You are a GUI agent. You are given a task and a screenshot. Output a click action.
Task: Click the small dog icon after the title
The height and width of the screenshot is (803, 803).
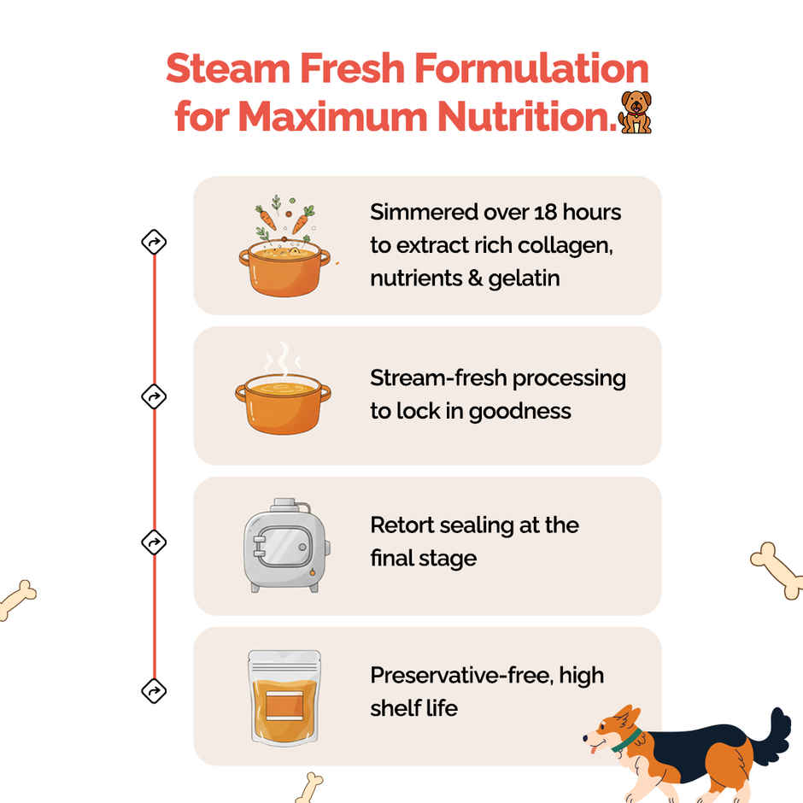point(635,113)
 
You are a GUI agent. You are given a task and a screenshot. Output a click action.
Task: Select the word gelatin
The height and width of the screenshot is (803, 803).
point(524,278)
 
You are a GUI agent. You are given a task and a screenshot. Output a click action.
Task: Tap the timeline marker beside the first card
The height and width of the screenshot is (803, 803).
point(154,243)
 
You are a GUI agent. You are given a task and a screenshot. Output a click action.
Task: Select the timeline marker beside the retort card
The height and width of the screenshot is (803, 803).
point(154,542)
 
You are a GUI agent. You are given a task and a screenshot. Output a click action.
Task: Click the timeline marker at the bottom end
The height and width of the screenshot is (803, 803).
point(154,690)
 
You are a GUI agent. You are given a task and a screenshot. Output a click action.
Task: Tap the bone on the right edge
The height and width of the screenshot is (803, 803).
point(777,568)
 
